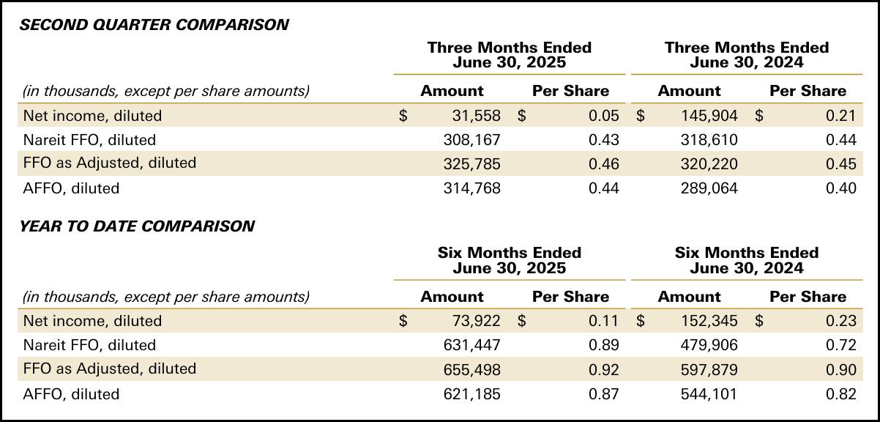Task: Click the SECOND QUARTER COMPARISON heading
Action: click(x=154, y=25)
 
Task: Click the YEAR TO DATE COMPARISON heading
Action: click(x=137, y=226)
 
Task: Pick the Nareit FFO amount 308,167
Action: click(x=472, y=139)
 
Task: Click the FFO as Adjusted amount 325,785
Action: click(x=472, y=163)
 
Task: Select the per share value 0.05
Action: click(x=604, y=116)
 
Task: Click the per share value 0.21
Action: click(x=841, y=116)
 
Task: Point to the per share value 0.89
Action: click(x=604, y=345)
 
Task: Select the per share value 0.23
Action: click(x=841, y=321)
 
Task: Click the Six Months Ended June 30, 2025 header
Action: click(x=509, y=260)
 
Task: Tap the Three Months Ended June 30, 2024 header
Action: click(x=746, y=55)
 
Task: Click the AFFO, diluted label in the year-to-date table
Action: click(x=71, y=394)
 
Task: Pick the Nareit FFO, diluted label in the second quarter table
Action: click(x=89, y=139)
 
